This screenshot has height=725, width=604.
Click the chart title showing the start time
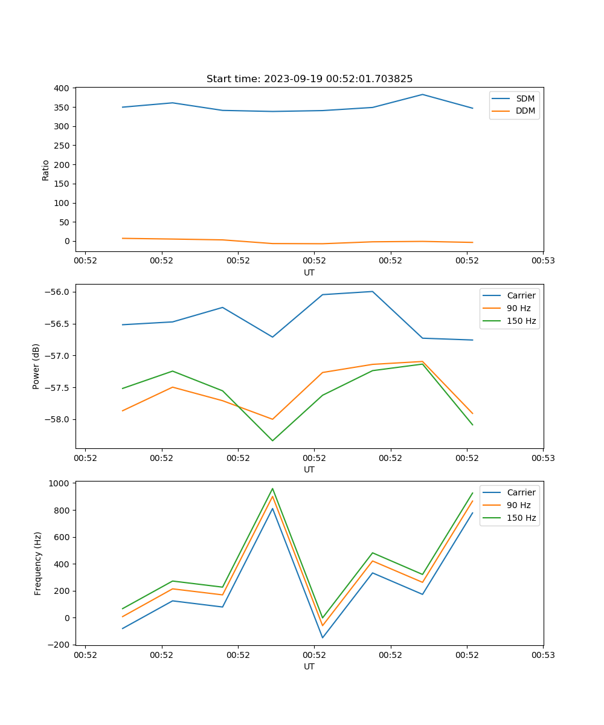pyautogui.click(x=309, y=79)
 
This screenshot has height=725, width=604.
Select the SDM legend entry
pyautogui.click(x=525, y=98)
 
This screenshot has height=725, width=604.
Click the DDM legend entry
pyautogui.click(x=525, y=111)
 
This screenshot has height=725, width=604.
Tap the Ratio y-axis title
pyautogui.click(x=45, y=170)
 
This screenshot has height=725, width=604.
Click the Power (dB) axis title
pyautogui.click(x=36, y=366)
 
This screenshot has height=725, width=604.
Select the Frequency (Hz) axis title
pyautogui.click(x=37, y=563)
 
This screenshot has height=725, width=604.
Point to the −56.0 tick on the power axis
pyautogui.click(x=58, y=292)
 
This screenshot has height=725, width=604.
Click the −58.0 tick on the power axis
pyautogui.click(x=58, y=419)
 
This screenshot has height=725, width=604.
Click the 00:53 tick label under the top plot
pyautogui.click(x=542, y=261)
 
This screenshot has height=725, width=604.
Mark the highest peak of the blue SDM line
pyautogui.click(x=423, y=94)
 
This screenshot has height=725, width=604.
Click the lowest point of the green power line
pyautogui.click(x=272, y=440)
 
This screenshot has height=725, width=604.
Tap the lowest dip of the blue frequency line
pyautogui.click(x=323, y=637)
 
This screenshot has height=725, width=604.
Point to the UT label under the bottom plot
pyautogui.click(x=309, y=666)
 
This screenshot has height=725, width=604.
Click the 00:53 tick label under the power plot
pyautogui.click(x=542, y=458)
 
